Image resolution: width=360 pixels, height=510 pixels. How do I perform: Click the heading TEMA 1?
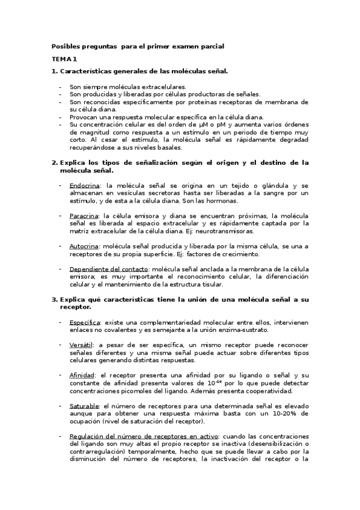pos(64,59)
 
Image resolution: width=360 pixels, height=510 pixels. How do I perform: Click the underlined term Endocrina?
pos(84,186)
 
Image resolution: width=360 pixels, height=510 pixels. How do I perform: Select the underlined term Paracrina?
pos(84,215)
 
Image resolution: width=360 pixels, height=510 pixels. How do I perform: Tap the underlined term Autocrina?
pos(84,245)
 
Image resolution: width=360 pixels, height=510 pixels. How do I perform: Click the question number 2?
pos(54,162)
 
